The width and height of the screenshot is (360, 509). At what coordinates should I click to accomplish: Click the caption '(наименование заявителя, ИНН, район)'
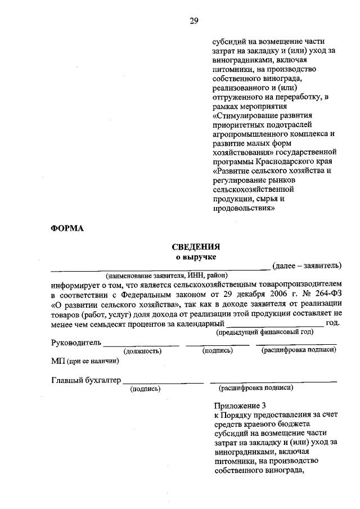point(166,276)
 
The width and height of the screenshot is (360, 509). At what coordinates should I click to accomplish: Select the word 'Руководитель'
point(76,343)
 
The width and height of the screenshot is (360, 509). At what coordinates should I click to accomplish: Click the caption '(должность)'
point(143,352)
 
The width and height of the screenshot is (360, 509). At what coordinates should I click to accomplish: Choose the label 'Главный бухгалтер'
point(86,380)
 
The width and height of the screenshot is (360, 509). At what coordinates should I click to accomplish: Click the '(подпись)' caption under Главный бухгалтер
point(145,389)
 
